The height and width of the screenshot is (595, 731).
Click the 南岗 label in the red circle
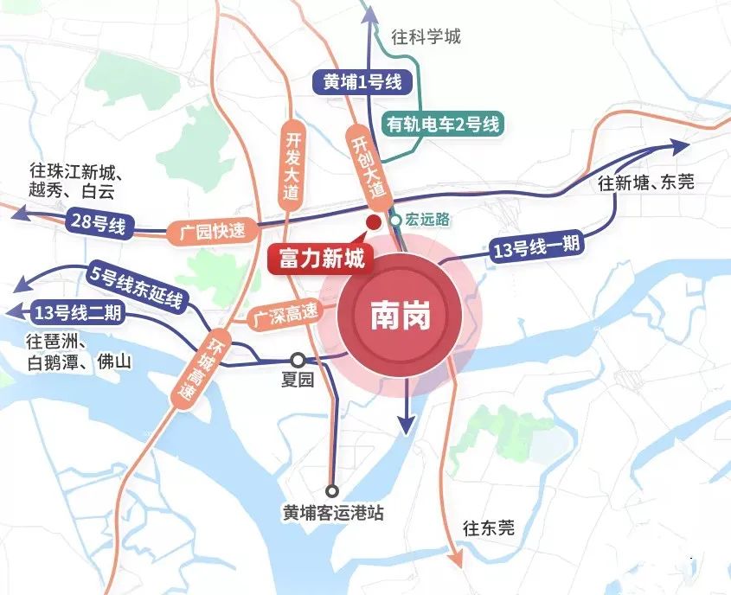[x=401, y=317]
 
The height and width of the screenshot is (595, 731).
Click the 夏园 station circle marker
[x=297, y=360]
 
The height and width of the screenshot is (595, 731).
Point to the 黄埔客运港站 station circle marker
[x=333, y=489]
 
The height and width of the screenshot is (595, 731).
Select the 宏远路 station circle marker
[x=395, y=221]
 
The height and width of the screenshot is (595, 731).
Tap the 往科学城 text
[x=426, y=37]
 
